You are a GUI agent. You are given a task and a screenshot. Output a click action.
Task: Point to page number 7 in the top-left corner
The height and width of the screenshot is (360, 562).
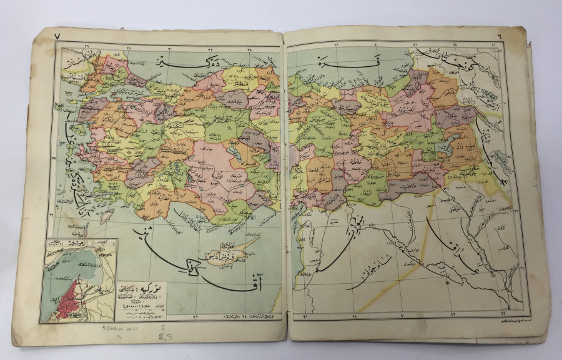[57, 37]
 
